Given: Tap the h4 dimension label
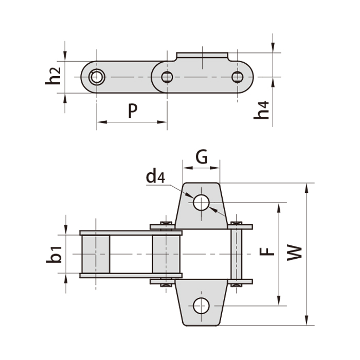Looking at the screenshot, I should (x=263, y=111).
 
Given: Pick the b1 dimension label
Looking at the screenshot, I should (x=55, y=254).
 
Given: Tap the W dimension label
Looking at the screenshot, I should (x=294, y=253).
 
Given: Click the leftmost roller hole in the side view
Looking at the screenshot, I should (x=96, y=77).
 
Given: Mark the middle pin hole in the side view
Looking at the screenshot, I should (x=167, y=77).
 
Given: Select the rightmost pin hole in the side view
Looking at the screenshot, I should (x=237, y=77).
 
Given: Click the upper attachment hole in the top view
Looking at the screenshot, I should (x=201, y=202).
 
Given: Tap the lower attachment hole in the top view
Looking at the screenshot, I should (x=201, y=306).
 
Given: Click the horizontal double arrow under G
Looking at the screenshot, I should (x=202, y=168).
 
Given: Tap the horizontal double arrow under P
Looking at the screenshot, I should (x=132, y=122).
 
